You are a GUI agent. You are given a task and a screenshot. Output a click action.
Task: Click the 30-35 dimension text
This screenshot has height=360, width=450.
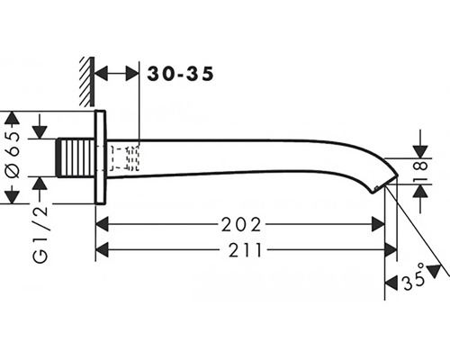click(180, 74)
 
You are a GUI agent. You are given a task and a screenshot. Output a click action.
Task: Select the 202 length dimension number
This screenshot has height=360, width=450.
click(241, 225)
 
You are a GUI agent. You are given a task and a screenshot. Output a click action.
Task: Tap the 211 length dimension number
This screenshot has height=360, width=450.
click(245, 250)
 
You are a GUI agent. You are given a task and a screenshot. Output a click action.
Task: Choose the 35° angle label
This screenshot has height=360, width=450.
click(414, 277)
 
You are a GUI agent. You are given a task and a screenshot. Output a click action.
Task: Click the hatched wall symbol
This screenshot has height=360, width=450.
click(87, 82)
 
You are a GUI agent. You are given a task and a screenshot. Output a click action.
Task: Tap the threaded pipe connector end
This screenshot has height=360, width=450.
click(76, 157)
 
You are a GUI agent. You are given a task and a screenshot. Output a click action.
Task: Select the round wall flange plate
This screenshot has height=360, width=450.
click(100, 157)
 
